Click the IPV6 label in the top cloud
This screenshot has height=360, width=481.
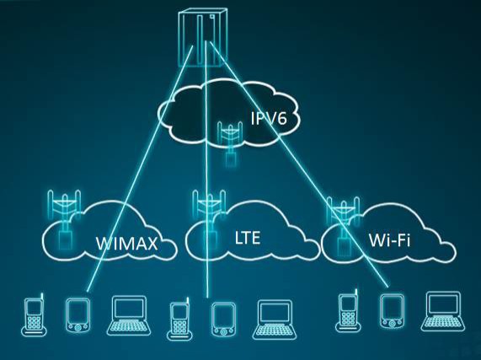(x=269, y=119)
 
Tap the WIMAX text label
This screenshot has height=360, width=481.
(x=126, y=244)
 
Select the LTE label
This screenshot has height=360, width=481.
(x=248, y=238)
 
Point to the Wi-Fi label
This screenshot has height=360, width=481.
(x=389, y=240)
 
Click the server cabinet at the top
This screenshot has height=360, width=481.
(x=203, y=38)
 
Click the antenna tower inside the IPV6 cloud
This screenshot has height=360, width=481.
(x=230, y=143)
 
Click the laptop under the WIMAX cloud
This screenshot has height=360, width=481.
(x=130, y=315)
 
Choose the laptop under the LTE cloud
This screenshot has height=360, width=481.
(x=275, y=320)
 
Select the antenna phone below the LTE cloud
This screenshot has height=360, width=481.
(x=179, y=319)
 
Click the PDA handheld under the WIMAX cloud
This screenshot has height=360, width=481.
(x=77, y=314)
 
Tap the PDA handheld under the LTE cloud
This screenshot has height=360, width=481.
(x=223, y=320)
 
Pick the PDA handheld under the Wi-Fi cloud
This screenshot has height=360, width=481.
(x=392, y=310)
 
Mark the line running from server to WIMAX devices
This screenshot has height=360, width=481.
(x=140, y=168)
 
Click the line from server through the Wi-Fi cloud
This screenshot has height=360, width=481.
(x=299, y=164)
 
